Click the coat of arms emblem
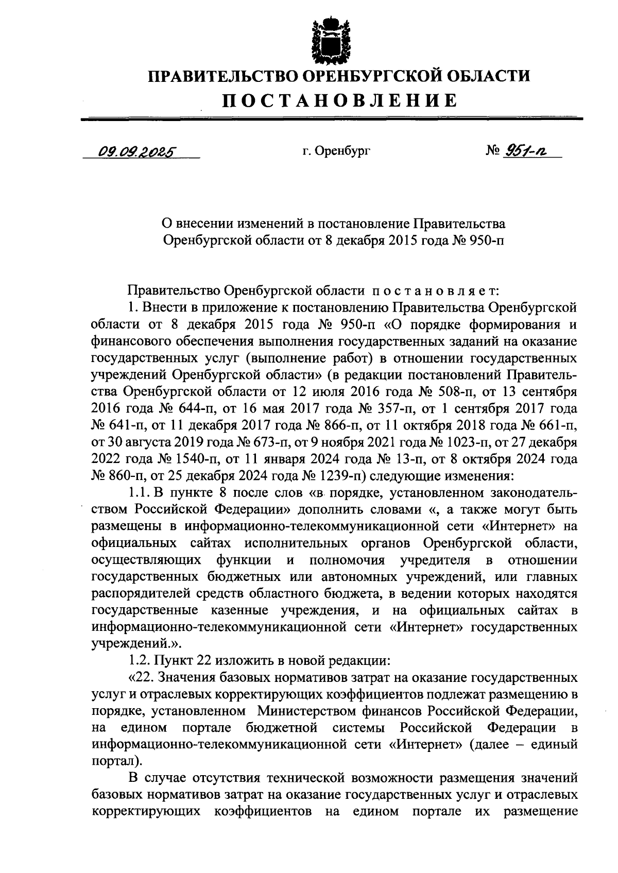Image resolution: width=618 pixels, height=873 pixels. pos(324,39)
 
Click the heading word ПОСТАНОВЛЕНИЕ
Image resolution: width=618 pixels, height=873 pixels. pos(339,99)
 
